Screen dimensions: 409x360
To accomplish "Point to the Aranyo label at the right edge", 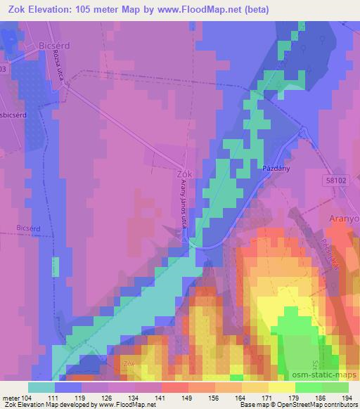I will (345, 219).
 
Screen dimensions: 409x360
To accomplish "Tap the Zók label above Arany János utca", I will (185, 174).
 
